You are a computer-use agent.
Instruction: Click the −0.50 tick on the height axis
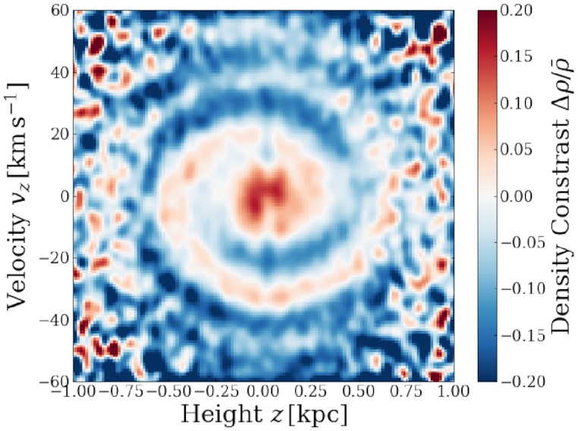(168, 392)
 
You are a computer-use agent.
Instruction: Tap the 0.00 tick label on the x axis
(263, 392)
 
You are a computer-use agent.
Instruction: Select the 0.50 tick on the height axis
(359, 392)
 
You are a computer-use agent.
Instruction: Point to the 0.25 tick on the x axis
(311, 392)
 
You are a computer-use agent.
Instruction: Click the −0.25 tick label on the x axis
(215, 392)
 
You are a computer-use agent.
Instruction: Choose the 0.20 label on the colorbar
(520, 11)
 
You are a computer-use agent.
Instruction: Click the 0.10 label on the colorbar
(520, 103)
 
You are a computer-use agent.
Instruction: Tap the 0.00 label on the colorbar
(520, 196)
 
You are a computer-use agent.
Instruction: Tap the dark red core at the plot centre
(262, 196)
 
